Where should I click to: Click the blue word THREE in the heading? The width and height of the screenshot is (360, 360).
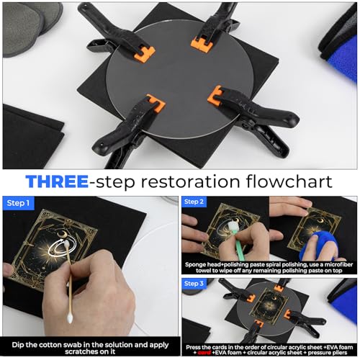tap(57, 181)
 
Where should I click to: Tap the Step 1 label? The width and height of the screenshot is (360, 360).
tap(18, 203)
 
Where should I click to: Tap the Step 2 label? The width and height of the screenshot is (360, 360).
tap(194, 202)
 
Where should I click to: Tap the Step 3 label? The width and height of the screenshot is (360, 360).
tap(194, 284)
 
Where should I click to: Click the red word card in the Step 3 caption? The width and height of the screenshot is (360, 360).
tap(204, 353)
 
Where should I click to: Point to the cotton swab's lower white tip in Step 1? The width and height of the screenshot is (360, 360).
tap(70, 318)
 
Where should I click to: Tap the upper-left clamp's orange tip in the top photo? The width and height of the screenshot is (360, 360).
tap(144, 54)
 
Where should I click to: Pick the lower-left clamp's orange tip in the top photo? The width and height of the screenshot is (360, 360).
tap(156, 103)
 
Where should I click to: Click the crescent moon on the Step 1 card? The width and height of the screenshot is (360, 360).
tap(61, 233)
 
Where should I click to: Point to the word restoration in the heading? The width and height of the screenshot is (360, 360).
tap(190, 181)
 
